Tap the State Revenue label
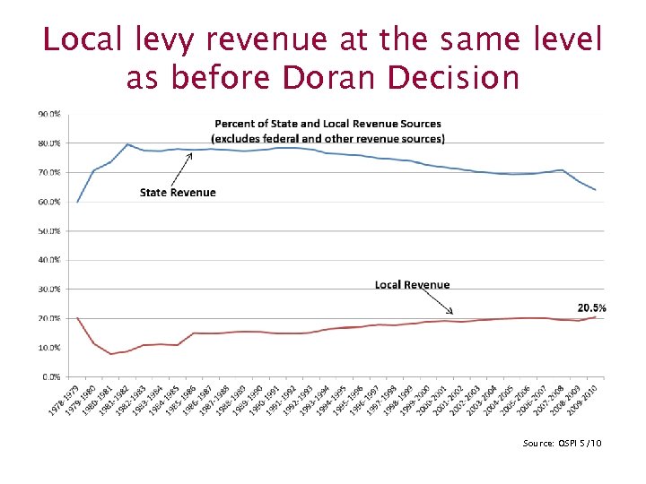coord(178,192)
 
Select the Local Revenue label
coord(413,284)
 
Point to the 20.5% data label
coord(591,307)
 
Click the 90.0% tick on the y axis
coord(48,114)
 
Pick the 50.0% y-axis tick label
coord(48,230)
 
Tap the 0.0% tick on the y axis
coord(51,376)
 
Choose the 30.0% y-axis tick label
coord(48,289)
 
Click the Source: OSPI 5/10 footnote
coord(561,443)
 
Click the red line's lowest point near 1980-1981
coord(111,354)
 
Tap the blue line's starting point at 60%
coord(77,202)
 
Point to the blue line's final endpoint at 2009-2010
coord(595,190)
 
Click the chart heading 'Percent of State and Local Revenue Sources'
coord(327,123)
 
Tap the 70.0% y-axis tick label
coord(48,172)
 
